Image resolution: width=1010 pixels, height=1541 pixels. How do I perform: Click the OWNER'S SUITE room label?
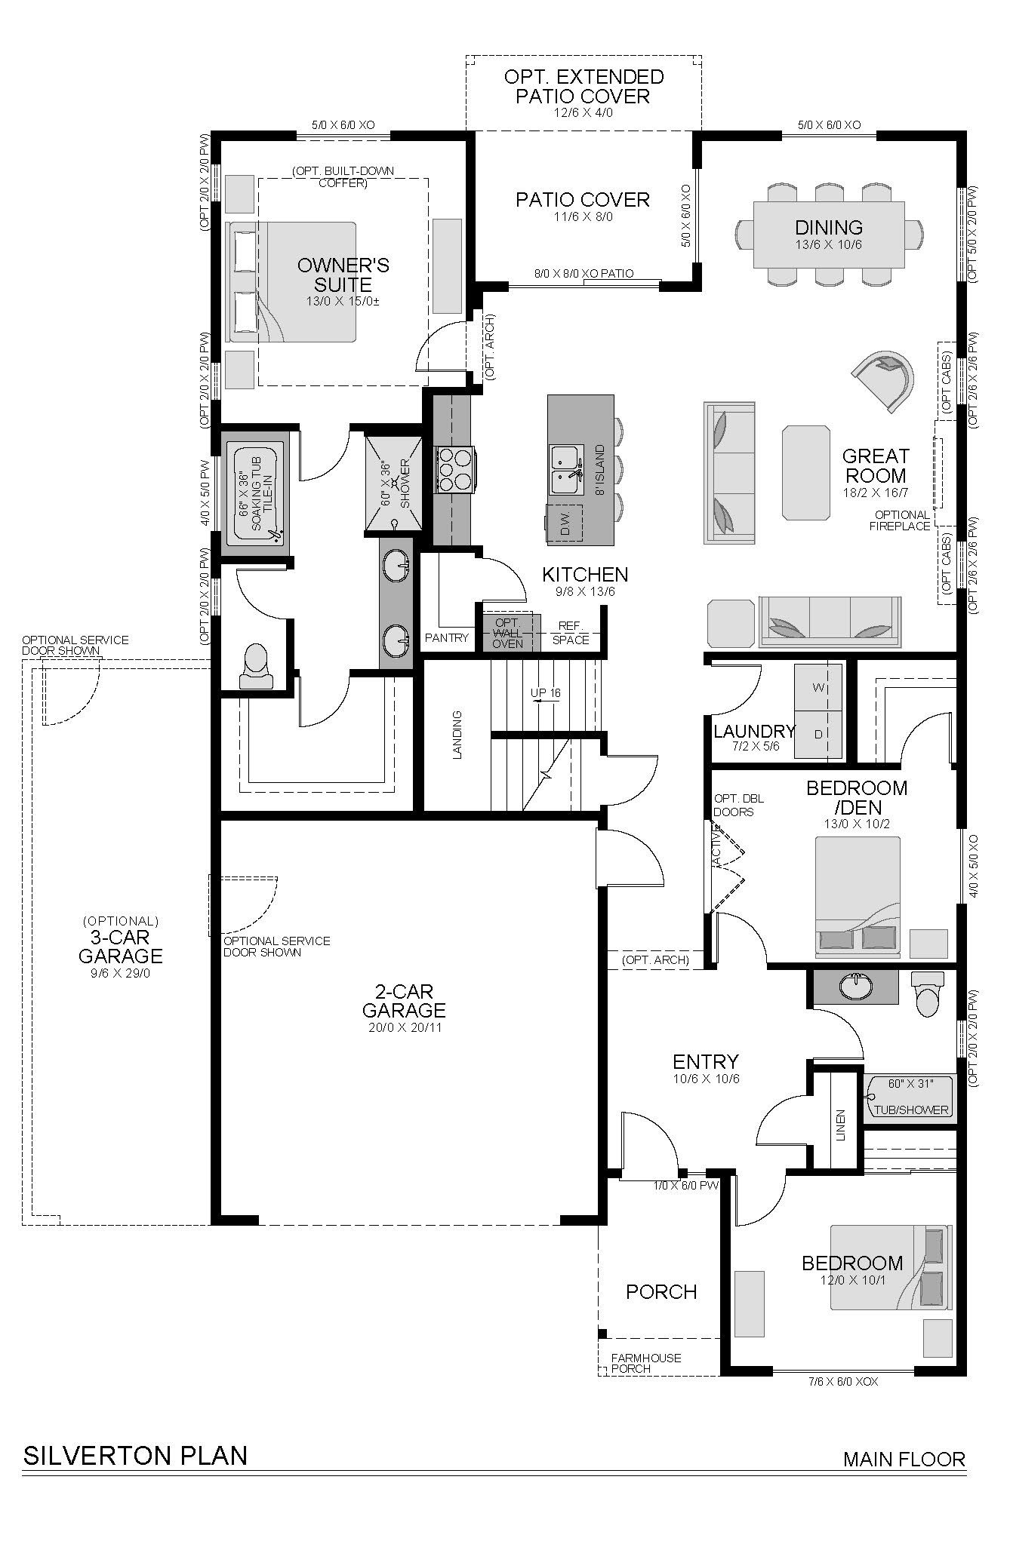(343, 275)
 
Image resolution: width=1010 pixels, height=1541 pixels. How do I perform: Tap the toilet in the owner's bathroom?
(255, 666)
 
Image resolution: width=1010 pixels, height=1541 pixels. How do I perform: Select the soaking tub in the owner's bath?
(255, 495)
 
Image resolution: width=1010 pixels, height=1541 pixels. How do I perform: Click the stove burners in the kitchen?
(454, 470)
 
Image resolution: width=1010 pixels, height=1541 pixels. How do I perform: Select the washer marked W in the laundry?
(818, 687)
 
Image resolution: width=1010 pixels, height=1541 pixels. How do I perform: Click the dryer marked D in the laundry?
(818, 734)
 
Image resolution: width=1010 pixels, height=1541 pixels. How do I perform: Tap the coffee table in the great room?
(807, 472)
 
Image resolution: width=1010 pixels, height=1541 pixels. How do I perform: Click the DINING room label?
(829, 227)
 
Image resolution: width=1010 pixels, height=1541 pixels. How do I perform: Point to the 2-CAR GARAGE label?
(404, 1001)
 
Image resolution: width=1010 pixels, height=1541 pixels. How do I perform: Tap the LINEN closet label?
(841, 1124)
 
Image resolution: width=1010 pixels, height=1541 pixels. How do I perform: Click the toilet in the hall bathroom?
(924, 993)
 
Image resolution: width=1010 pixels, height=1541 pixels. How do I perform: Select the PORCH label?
(661, 1292)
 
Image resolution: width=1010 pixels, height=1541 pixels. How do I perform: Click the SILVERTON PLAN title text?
(136, 1455)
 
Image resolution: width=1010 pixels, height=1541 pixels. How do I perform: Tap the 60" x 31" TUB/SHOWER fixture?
(910, 1097)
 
